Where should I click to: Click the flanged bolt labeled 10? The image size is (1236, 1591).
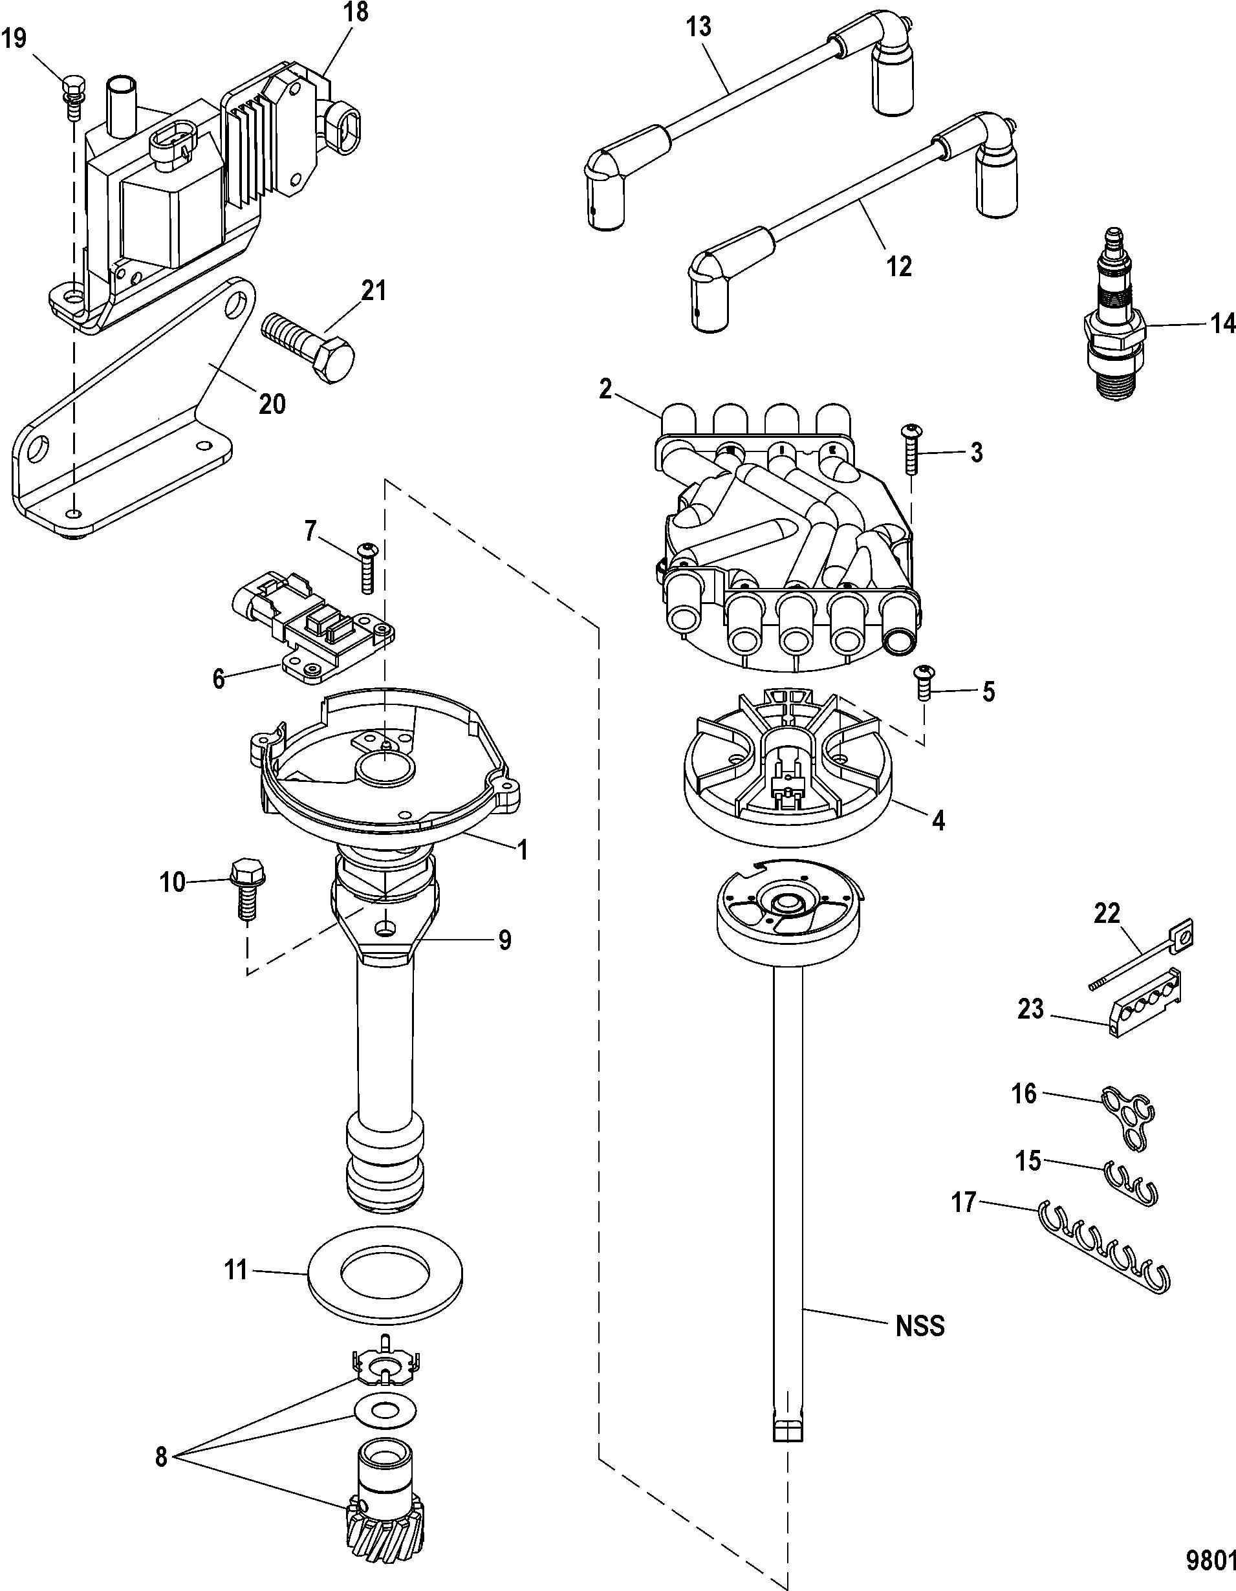pyautogui.click(x=243, y=890)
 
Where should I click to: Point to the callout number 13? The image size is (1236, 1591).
pyautogui.click(x=698, y=28)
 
